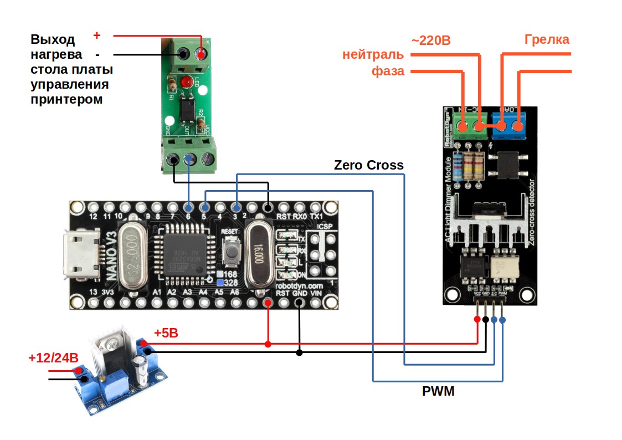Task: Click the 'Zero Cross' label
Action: pos(369,165)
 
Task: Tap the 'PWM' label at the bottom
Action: pos(438,392)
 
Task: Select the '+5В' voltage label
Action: pos(166,333)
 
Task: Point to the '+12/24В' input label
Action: pos(53,357)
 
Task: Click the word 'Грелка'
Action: pos(547,39)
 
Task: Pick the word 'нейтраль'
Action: pos(373,54)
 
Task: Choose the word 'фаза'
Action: pos(388,71)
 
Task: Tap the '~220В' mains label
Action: pos(431,40)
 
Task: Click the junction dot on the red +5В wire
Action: pos(268,344)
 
